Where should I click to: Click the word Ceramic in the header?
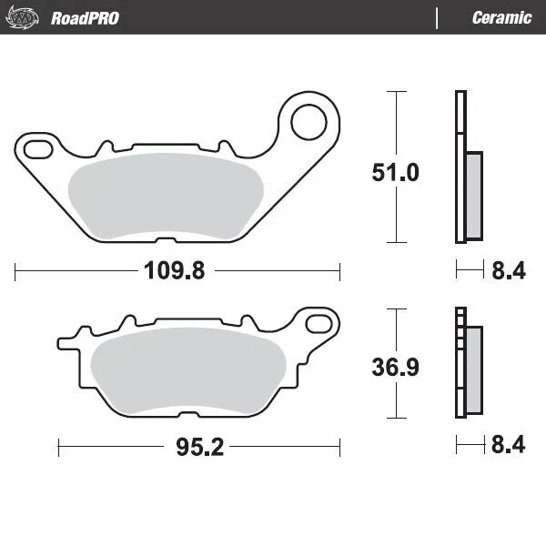[501, 17]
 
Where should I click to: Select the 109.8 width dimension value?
[175, 270]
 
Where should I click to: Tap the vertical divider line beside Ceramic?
[439, 17]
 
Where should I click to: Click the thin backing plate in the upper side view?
[460, 167]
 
